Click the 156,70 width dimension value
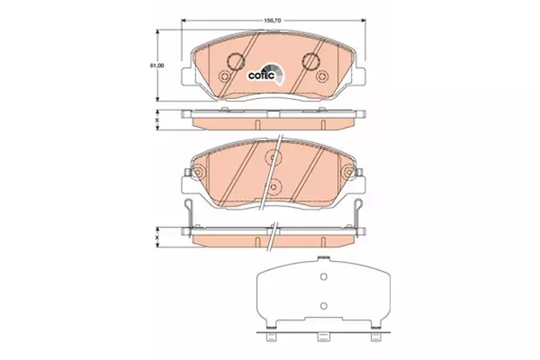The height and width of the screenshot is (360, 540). tap(273, 21)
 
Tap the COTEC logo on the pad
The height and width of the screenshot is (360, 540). tap(266, 75)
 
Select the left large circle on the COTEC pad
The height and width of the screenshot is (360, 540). tap(236, 62)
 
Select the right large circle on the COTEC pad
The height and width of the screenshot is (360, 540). tap(310, 62)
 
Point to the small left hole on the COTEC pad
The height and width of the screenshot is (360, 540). tap(224, 76)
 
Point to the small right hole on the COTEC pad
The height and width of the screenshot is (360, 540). tap(323, 76)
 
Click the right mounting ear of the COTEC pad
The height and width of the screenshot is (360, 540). tap(359, 76)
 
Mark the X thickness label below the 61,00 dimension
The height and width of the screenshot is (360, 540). tap(157, 121)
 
